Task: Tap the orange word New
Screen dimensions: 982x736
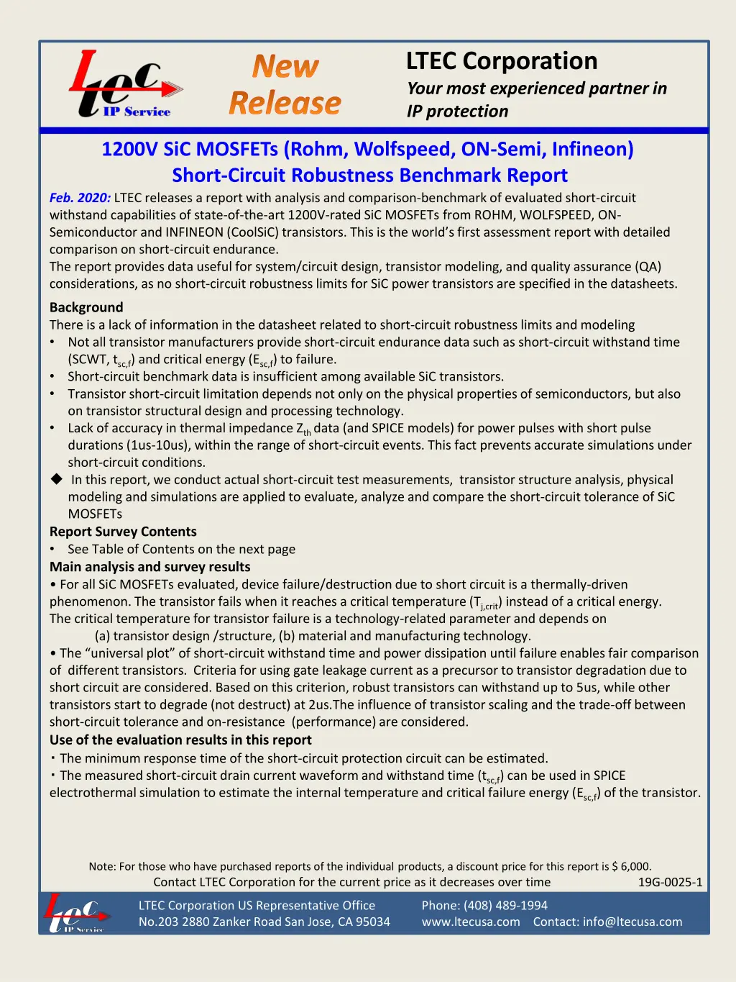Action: coord(285,67)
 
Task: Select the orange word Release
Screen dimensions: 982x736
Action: coord(285,103)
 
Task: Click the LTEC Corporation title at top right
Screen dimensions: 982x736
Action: coord(502,61)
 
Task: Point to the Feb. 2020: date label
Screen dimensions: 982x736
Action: coord(80,198)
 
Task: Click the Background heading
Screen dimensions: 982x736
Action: coord(86,307)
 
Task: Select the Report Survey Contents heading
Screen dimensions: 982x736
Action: coord(123,532)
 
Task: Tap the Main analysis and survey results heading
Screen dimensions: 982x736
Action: coord(149,567)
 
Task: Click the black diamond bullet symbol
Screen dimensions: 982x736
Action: coord(57,479)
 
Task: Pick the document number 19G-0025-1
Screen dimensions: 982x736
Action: coord(670,882)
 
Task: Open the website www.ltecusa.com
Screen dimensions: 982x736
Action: coord(471,922)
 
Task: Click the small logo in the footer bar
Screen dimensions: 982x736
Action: coord(76,913)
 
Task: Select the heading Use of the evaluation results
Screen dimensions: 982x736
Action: coord(180,740)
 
